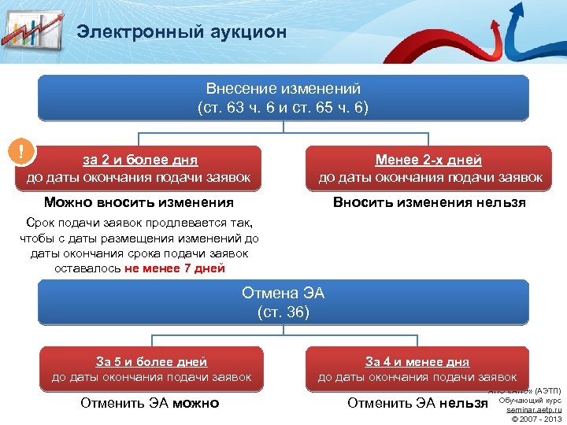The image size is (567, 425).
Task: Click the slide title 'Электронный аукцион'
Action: pos(181,31)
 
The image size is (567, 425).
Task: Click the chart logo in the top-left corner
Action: pos(31,31)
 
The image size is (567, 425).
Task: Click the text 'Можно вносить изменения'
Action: pos(139,202)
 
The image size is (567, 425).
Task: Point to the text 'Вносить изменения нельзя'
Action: pos(429,202)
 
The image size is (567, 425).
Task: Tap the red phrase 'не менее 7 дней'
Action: pos(174,268)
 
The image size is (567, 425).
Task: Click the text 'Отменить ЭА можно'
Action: pos(150,404)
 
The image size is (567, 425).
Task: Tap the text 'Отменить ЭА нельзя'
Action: pos(417,404)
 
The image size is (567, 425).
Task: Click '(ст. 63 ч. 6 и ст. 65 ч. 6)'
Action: pos(283,107)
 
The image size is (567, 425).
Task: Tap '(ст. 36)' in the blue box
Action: pos(283,312)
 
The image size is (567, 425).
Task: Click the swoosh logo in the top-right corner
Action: pos(524,31)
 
